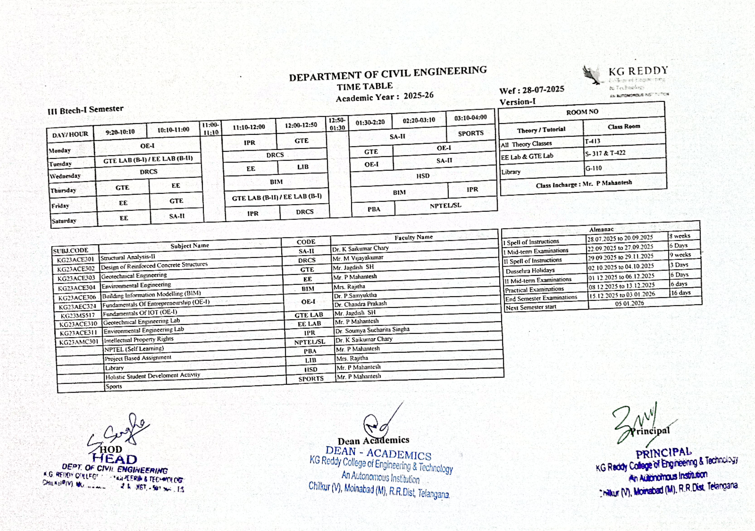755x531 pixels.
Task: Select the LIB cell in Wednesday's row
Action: coord(302,167)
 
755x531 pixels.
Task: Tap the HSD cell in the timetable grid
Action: coord(423,176)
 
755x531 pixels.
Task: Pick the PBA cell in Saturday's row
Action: coord(374,209)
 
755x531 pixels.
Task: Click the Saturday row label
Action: coord(64,221)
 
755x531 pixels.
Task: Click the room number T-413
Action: coord(593,141)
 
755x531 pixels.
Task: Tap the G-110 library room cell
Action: coord(593,168)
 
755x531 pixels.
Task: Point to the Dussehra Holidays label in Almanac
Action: coord(530,270)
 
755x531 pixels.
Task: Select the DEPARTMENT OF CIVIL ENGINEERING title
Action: coord(388,74)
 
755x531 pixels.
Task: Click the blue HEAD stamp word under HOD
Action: coord(115,459)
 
